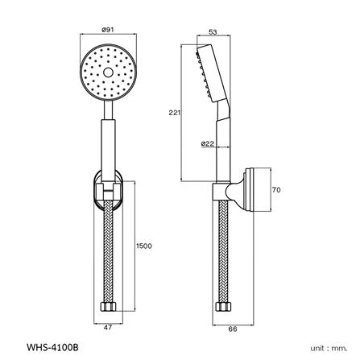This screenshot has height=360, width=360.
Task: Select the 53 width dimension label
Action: coord(213,33)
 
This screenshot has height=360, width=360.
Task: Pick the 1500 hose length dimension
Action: coord(143,245)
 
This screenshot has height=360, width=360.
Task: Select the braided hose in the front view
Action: coord(108,250)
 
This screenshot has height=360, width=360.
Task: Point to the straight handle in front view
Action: coord(108,141)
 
